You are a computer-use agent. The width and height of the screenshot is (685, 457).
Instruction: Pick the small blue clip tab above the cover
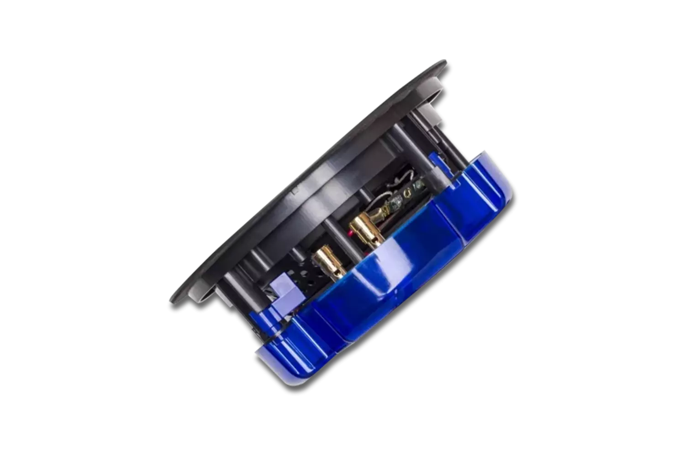436,159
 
